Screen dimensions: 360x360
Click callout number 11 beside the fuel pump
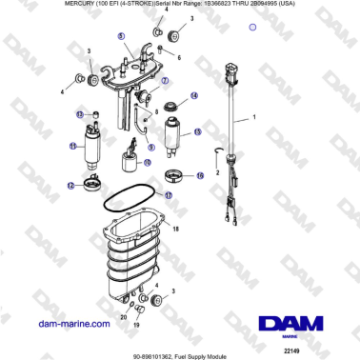click(x=72, y=147)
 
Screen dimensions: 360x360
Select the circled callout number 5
click(x=122, y=36)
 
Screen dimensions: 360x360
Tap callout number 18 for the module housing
click(x=174, y=230)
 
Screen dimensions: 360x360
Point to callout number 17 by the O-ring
click(x=168, y=195)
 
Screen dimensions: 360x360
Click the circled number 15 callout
click(x=197, y=132)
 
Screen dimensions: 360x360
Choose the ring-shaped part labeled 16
click(x=176, y=174)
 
